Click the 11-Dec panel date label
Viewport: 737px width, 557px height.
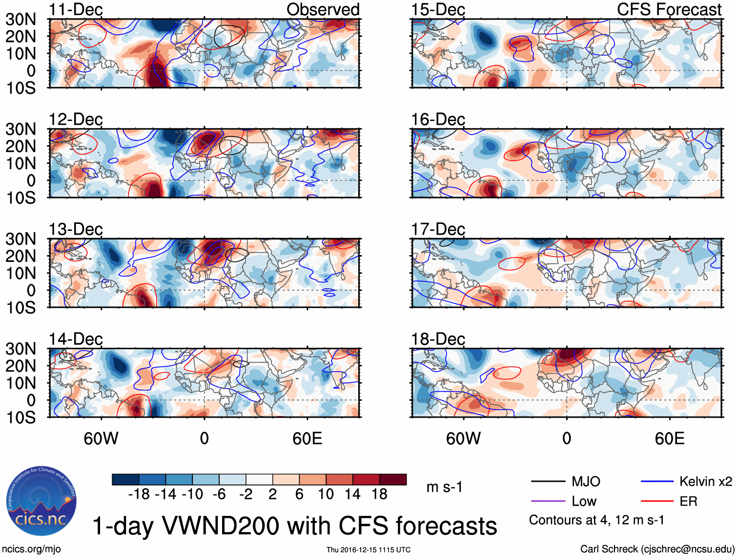76,10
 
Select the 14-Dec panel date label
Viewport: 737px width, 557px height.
76,339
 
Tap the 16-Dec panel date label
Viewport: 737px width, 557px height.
438,119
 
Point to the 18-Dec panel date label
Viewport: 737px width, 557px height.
438,339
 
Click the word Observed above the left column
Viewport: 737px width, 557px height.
323,10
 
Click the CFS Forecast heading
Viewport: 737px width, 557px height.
669,10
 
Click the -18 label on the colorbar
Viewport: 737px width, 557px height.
139,495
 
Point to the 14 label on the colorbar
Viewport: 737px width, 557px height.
352,495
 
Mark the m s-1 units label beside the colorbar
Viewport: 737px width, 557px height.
444,487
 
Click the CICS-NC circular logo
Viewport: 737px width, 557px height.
41,501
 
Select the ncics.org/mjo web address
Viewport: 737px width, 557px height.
31,549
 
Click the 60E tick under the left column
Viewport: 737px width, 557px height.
307,438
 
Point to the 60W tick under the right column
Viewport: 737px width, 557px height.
463,438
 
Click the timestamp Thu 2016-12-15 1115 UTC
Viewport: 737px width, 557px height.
368,550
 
